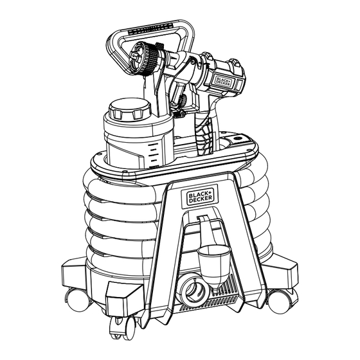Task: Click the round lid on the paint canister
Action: click(x=130, y=109)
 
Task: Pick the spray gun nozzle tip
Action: click(x=134, y=57)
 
